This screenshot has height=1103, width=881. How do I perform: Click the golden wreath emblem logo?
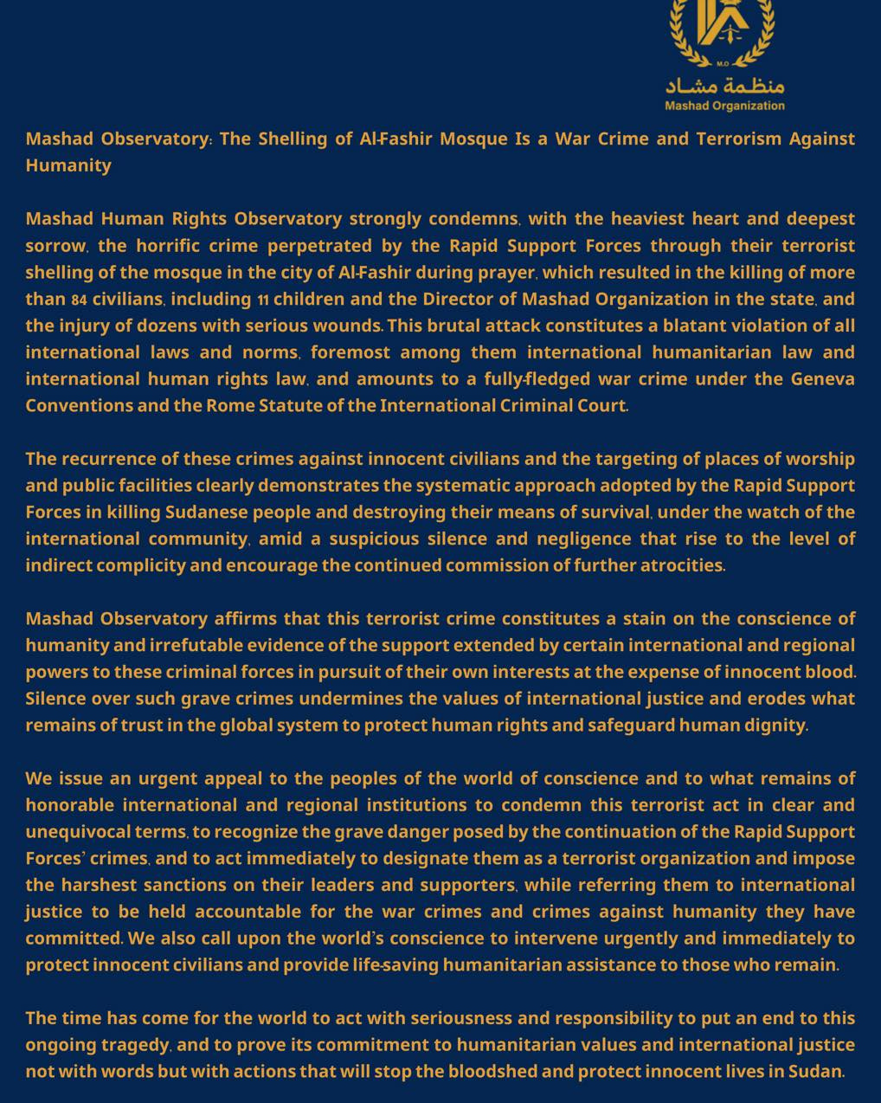click(x=723, y=30)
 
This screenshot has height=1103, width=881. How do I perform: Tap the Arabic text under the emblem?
click(x=724, y=86)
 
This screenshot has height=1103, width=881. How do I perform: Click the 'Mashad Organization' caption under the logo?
click(x=724, y=106)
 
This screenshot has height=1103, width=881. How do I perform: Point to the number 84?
click(x=79, y=300)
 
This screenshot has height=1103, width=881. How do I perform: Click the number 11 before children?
click(x=263, y=300)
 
